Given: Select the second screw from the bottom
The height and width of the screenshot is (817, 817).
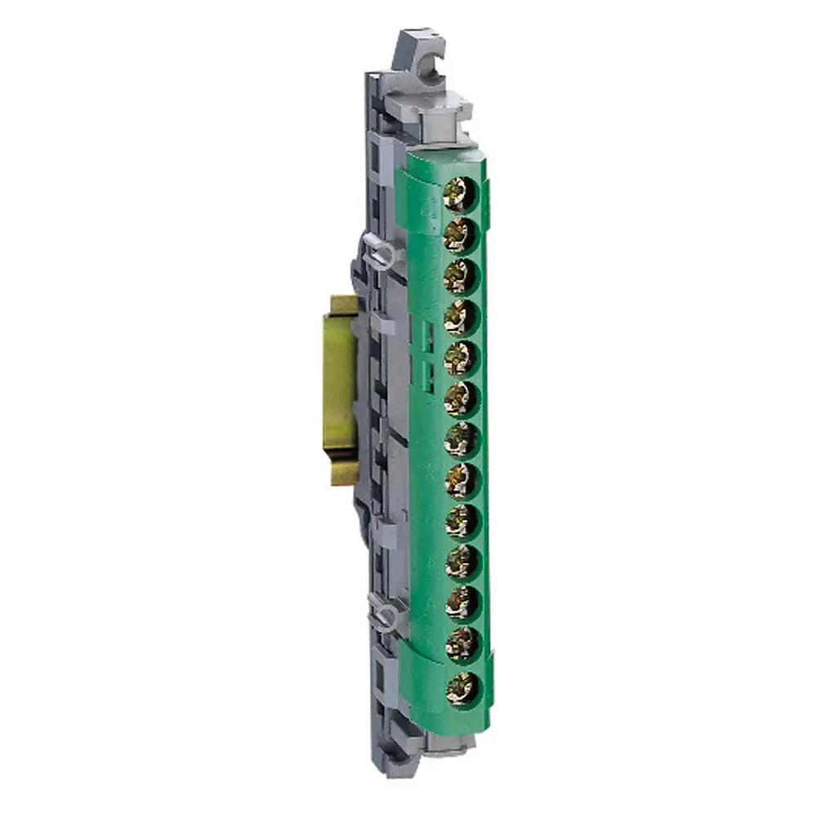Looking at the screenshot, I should (x=462, y=645).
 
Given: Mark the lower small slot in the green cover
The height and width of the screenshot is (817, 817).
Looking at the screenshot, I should (x=426, y=375).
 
